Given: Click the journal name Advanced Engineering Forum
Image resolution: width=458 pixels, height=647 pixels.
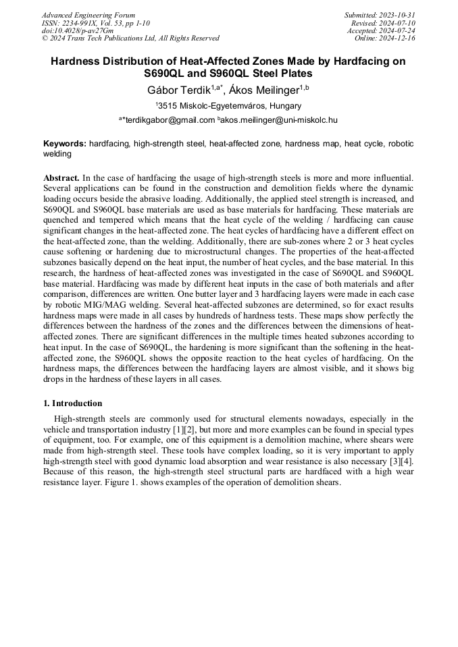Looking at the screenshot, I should tap(88, 15).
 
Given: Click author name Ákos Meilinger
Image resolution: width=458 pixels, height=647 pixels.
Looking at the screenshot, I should tap(265, 90).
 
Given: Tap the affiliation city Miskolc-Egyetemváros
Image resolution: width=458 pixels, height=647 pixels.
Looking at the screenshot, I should tap(222, 106).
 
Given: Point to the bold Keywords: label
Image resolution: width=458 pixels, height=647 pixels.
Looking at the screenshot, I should tap(65, 144).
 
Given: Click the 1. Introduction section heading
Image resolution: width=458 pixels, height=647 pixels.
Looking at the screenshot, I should tap(73, 403).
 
